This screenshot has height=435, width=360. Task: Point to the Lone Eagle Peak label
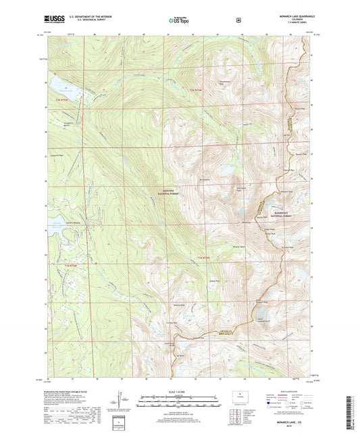point(240,190)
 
